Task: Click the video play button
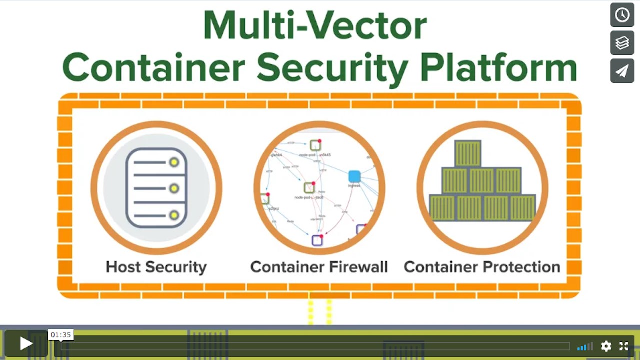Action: [x=26, y=343]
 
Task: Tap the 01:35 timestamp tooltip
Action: [x=61, y=335]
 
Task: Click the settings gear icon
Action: [x=606, y=346]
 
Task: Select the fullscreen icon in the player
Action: [x=624, y=346]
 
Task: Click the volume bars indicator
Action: [x=585, y=346]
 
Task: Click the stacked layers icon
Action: [x=622, y=43]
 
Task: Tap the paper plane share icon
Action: [x=622, y=71]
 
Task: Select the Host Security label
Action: [x=156, y=267]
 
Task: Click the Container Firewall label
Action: [x=319, y=267]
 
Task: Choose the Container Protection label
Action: [x=482, y=267]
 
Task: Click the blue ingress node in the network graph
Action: [x=354, y=176]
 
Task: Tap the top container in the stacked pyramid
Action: [x=468, y=153]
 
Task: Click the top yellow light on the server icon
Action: [x=174, y=162]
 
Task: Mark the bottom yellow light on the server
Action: [x=174, y=215]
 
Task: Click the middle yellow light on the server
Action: [x=174, y=188]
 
